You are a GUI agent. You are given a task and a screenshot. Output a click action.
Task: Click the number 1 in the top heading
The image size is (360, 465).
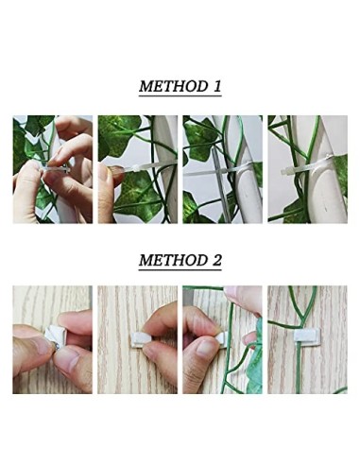coord(216,86)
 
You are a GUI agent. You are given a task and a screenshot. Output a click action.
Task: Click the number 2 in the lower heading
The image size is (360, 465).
coord(216,258)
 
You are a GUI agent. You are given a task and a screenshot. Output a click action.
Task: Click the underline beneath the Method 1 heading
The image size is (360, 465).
coord(180,96)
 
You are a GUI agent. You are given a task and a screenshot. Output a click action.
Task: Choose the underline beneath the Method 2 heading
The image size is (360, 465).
coord(180,268)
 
